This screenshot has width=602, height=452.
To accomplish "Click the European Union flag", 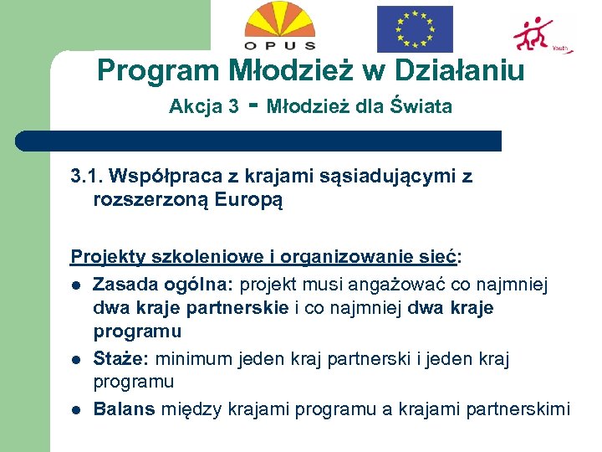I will click(415, 28).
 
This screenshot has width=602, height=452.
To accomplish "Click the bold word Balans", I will click(125, 409).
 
